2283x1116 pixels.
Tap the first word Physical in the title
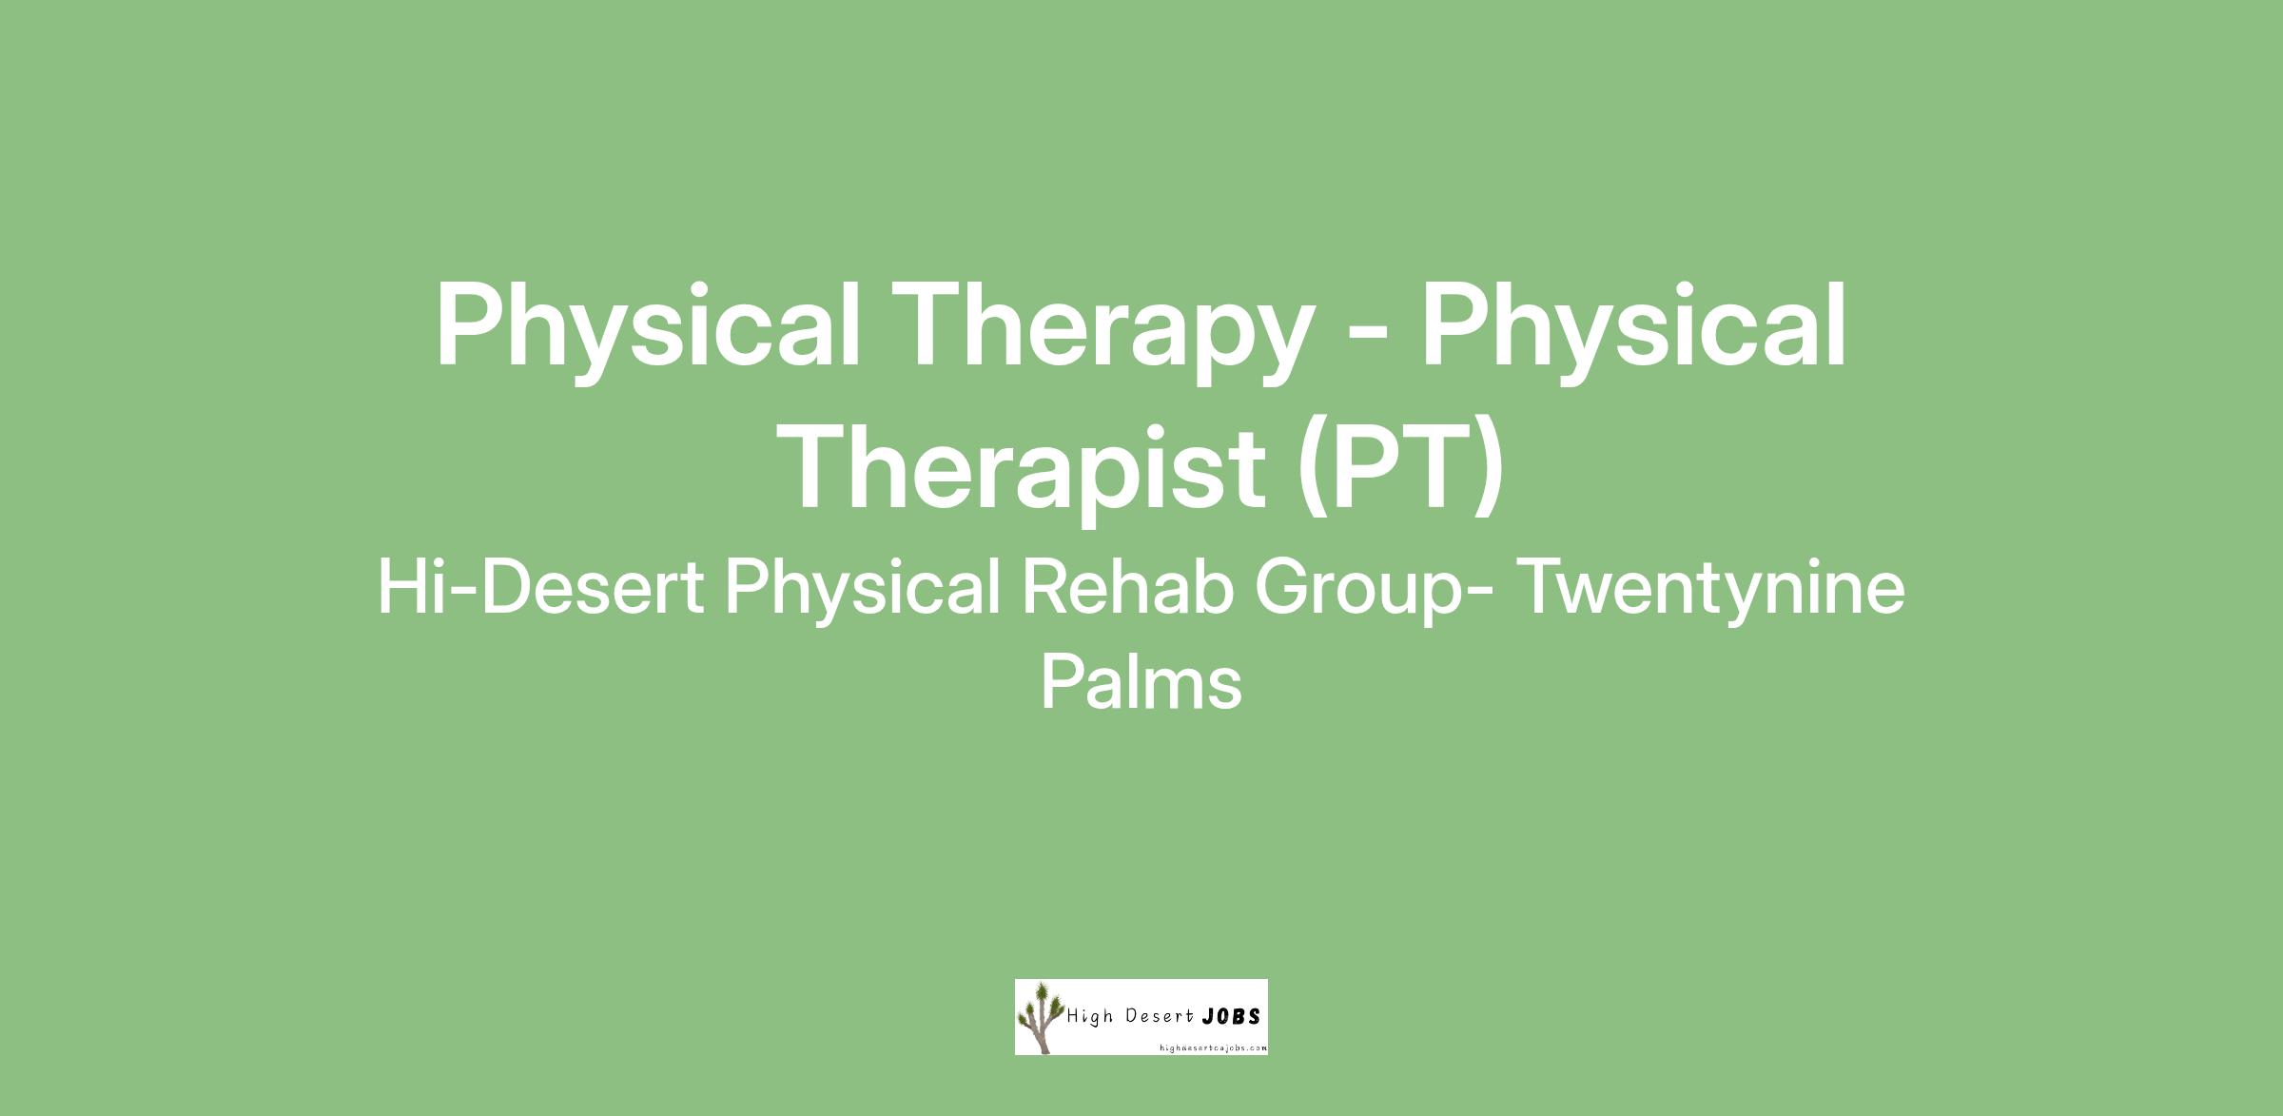point(647,328)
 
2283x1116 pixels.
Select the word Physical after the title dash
point(1633,328)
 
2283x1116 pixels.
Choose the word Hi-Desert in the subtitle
point(540,588)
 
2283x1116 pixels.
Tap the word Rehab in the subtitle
point(1126,587)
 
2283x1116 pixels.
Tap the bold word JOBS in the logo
point(1232,1016)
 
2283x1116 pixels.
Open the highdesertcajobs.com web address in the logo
point(1213,1047)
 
